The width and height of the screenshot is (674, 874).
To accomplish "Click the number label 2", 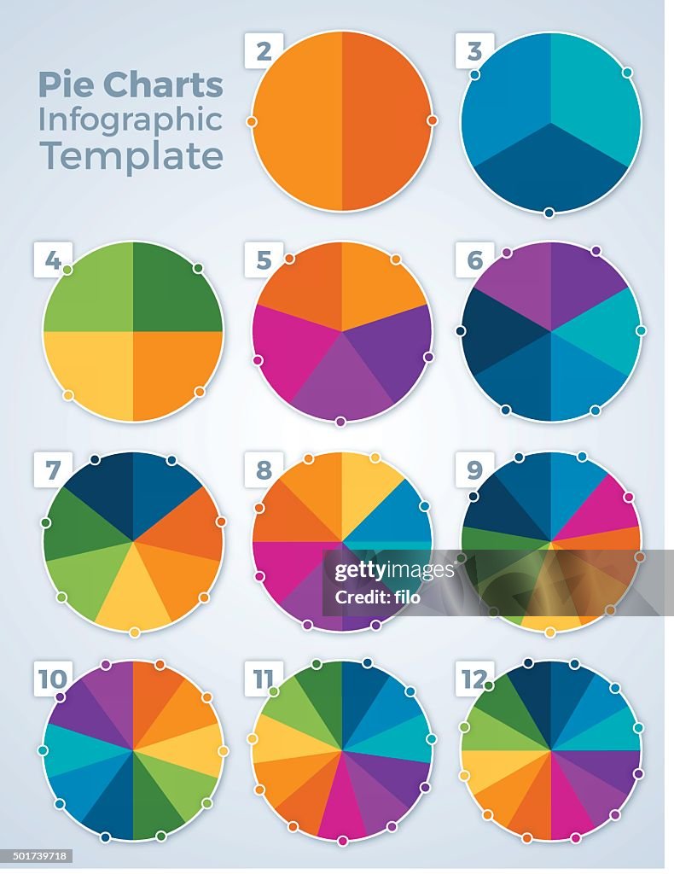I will click(x=264, y=51).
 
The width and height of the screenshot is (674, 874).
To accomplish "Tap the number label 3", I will click(x=474, y=51).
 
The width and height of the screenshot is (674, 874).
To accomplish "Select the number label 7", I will click(x=53, y=470).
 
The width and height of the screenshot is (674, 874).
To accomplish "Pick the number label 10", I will click(x=53, y=679).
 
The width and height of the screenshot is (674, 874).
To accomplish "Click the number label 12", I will click(x=473, y=679).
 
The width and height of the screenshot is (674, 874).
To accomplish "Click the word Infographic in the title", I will click(x=130, y=120).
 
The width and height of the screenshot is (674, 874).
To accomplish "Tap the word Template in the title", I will click(x=131, y=156).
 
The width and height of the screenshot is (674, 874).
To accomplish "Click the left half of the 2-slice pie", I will click(x=297, y=121).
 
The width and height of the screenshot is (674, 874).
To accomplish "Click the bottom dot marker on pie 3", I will click(x=549, y=213).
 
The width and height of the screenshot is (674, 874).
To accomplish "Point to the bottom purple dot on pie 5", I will click(x=340, y=422).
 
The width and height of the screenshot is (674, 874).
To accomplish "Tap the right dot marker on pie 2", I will click(x=433, y=121).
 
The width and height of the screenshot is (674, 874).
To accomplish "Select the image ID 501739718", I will click(x=37, y=855).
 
